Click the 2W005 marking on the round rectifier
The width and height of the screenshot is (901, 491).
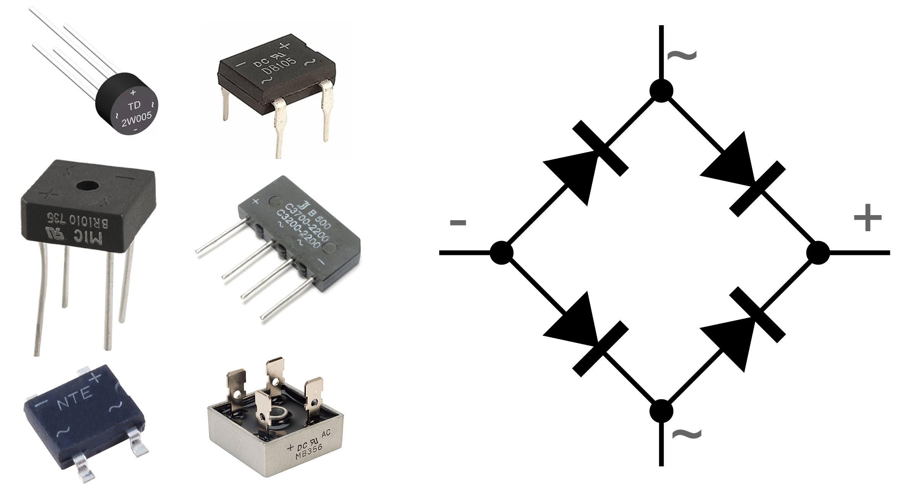pyautogui.click(x=136, y=119)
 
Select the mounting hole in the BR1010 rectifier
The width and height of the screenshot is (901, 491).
pyautogui.click(x=88, y=187)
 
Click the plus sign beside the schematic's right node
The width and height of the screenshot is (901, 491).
pyautogui.click(x=868, y=218)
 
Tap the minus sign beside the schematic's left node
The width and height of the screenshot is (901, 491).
pyautogui.click(x=458, y=222)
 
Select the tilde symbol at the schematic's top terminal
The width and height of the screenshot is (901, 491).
pyautogui.click(x=682, y=56)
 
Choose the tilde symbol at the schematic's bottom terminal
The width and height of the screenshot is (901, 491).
pyautogui.click(x=687, y=434)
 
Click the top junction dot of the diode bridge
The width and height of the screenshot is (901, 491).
pyautogui.click(x=661, y=91)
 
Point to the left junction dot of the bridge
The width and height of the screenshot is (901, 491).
pyautogui.click(x=501, y=253)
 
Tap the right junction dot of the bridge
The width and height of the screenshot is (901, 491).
pyautogui.click(x=818, y=253)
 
